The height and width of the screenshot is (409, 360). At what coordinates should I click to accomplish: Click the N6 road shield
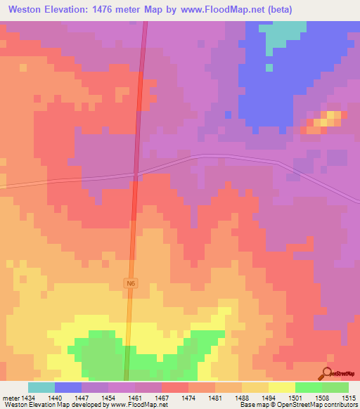(x=129, y=283)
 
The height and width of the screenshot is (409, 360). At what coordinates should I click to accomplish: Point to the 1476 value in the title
(x=105, y=9)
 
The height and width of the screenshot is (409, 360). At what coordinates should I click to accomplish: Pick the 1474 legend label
(x=188, y=398)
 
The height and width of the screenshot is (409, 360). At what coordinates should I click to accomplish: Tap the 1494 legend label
(x=268, y=398)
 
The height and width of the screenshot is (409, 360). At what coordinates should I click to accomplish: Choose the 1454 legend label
(x=108, y=398)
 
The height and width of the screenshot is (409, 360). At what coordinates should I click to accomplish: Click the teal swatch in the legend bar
(x=41, y=387)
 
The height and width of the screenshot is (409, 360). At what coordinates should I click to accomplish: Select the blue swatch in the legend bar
(x=68, y=387)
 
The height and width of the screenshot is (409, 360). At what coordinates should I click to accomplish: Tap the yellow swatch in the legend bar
(x=281, y=387)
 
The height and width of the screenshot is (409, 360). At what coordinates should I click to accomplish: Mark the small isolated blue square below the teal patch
(x=269, y=67)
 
